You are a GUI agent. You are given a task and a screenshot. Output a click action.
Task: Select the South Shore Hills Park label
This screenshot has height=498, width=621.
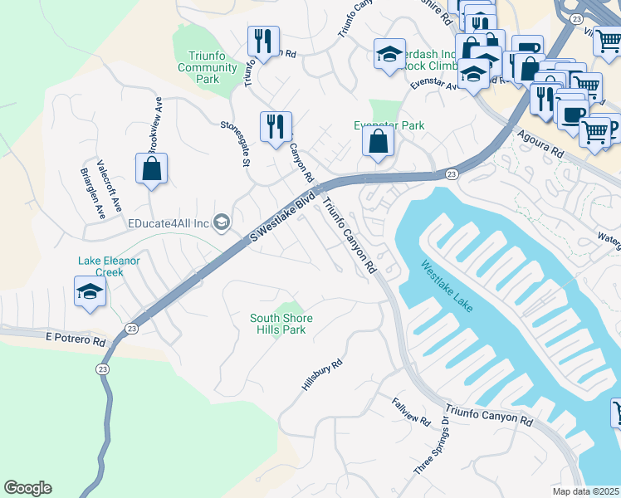click(x=278, y=324)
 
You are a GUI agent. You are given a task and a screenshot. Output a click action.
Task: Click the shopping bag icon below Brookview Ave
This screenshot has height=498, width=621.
click(x=151, y=168)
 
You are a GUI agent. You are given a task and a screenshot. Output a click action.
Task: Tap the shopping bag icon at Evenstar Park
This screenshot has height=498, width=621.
click(x=378, y=142)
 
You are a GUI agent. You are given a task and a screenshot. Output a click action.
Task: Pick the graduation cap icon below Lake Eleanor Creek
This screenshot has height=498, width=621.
click(x=90, y=292)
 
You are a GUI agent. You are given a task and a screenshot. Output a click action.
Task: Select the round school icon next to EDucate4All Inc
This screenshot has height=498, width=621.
click(x=222, y=221)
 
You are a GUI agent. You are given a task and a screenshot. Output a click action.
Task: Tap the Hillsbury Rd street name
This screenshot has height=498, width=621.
click(x=323, y=376)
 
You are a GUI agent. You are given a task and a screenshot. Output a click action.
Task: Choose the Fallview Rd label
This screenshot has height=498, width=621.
click(x=411, y=412)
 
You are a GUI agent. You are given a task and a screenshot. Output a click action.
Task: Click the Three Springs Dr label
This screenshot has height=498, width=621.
click(x=433, y=445)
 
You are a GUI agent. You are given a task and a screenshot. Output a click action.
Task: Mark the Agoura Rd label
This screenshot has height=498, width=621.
click(x=539, y=144)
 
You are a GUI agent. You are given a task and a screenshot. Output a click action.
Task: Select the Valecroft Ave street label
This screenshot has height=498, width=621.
click(x=110, y=185)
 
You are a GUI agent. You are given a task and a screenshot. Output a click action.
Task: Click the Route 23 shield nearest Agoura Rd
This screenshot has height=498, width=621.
click(x=451, y=173)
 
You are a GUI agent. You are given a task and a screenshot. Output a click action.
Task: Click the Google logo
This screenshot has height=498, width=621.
click(x=27, y=488)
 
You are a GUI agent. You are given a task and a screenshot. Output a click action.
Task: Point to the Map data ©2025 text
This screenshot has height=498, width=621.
click(x=587, y=491)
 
